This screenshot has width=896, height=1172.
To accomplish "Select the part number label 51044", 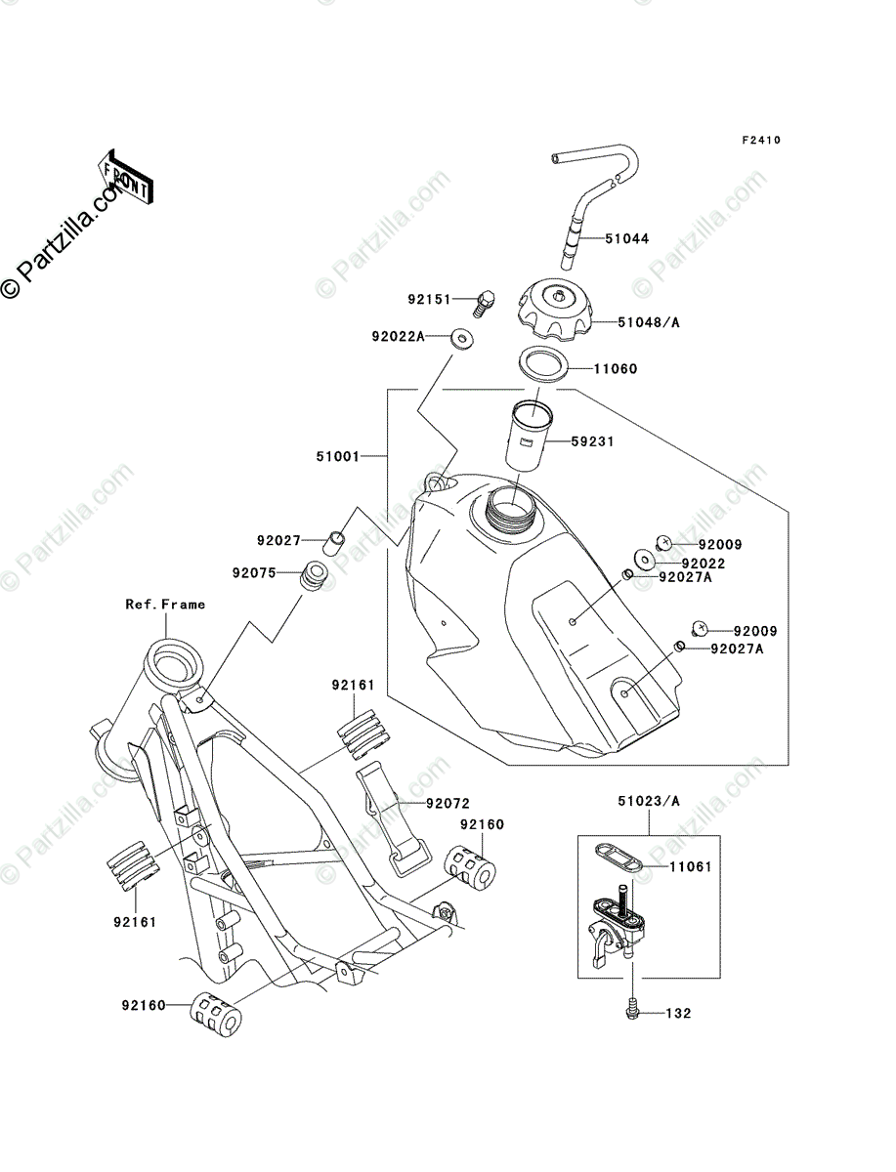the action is click(627, 238).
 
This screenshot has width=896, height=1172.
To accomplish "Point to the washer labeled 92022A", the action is click(462, 340).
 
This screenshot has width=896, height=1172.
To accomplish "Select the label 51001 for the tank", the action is click(337, 456).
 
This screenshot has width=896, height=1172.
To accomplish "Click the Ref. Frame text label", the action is click(165, 604).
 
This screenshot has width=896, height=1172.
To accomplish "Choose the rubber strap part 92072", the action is click(394, 819).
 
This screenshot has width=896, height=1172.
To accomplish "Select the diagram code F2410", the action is click(761, 140).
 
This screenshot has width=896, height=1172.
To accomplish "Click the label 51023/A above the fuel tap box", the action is click(649, 801).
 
